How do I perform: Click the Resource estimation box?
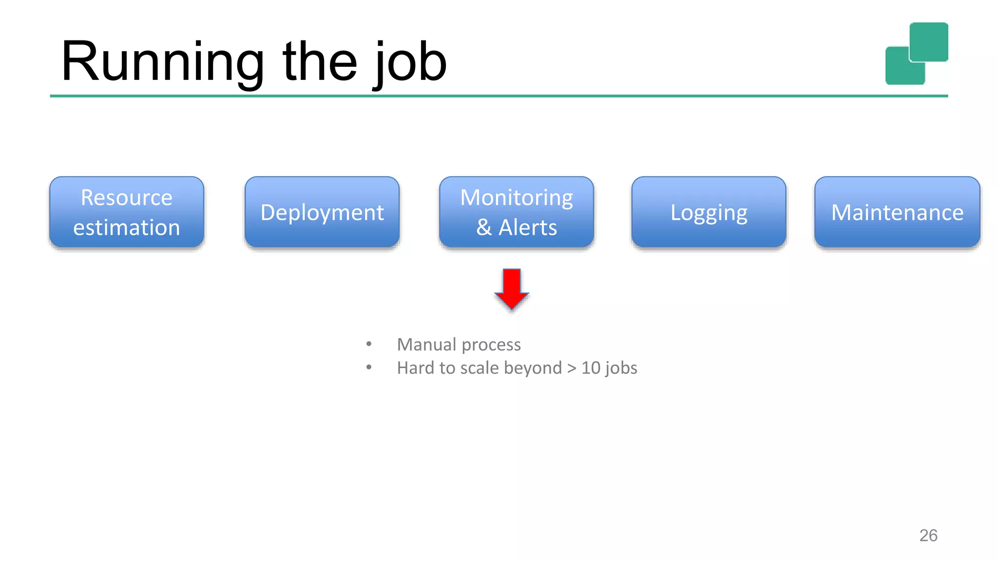127,212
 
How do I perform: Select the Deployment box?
322,212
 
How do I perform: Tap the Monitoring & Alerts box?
517,212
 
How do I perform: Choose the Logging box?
709,212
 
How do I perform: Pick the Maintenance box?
897,212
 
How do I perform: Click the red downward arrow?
512,288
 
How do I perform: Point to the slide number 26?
928,535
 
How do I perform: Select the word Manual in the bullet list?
426,344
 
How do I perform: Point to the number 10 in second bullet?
591,368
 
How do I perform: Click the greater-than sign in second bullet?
572,368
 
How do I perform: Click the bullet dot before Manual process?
369,344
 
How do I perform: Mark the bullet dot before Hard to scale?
369,367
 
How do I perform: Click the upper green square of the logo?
929,41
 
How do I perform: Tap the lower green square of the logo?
900,71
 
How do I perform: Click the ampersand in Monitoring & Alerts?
483,227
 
